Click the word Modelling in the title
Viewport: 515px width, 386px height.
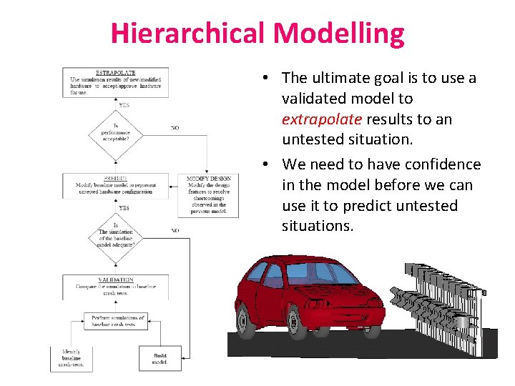pos(339,34)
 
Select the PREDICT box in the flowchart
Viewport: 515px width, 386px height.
pos(115,184)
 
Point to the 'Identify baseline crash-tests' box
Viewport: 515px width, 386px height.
pos(71,358)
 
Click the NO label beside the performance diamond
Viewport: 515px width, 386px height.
pos(175,128)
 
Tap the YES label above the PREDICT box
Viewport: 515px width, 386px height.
pos(124,208)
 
